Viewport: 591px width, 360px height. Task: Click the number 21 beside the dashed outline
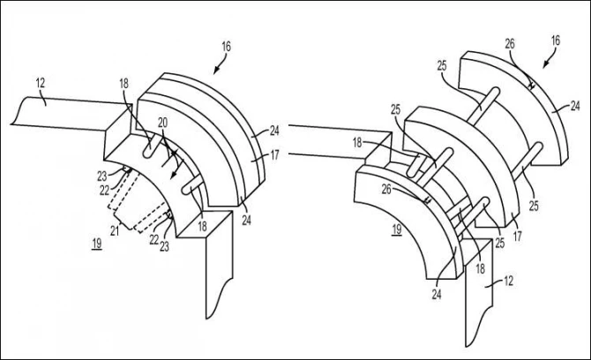pos(115,230)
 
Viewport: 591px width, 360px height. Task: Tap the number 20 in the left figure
pos(163,123)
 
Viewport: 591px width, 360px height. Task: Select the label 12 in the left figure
pos(41,83)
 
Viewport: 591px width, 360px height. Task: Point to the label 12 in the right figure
pos(508,281)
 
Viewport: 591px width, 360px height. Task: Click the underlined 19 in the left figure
pos(97,244)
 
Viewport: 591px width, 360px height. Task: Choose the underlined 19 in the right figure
pos(397,229)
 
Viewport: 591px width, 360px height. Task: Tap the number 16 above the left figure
pos(226,47)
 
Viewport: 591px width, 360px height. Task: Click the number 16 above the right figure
pos(555,41)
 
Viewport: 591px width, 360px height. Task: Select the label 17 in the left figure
pos(274,154)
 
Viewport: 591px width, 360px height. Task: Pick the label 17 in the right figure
pos(518,236)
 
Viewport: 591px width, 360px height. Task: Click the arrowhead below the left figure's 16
pos(216,70)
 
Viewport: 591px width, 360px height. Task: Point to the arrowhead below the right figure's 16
pos(545,64)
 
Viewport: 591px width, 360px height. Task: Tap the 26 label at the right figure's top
pos(510,44)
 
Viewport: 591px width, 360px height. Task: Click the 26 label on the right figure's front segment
pos(386,190)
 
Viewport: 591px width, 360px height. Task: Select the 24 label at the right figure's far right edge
pos(575,106)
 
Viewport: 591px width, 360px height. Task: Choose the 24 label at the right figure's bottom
pos(437,294)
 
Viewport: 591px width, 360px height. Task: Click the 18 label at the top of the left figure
pos(124,84)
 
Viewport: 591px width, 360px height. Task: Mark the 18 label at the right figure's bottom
pos(480,269)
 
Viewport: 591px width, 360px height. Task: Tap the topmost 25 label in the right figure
pos(442,66)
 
